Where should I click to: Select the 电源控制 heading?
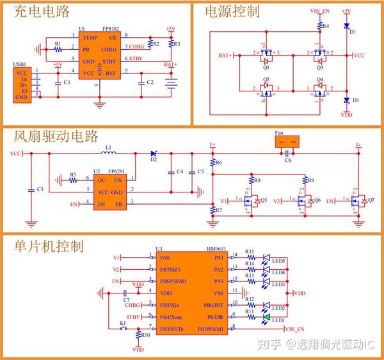[x=232, y=12]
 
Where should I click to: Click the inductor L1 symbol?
[x=108, y=153]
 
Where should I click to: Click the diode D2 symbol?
[x=154, y=153]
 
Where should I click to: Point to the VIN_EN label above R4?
[x=320, y=12]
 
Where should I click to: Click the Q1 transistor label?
[x=266, y=67]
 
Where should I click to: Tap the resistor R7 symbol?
[x=212, y=208]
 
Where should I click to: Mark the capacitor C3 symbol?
[x=31, y=190]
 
